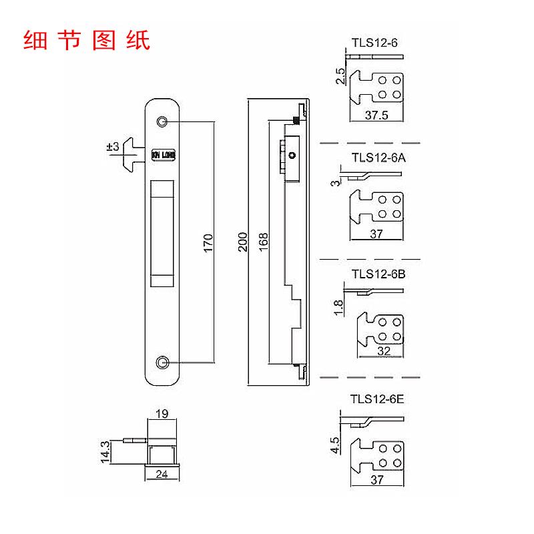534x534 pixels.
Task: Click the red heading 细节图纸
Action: [86, 39]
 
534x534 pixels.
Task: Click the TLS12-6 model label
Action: [375, 43]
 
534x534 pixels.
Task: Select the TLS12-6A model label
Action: [378, 158]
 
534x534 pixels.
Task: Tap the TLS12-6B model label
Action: [378, 273]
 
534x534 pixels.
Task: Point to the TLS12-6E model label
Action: [378, 400]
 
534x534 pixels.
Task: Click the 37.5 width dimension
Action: [377, 115]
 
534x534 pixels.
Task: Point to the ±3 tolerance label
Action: [112, 146]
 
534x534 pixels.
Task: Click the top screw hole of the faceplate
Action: [162, 121]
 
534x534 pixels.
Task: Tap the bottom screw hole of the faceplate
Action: [162, 362]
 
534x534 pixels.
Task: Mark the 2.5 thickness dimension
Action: [340, 76]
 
